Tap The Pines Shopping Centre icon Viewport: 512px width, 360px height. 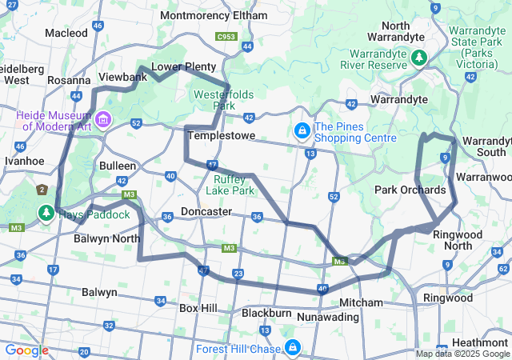(x=302, y=130)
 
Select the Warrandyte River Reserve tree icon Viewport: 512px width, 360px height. (x=418, y=58)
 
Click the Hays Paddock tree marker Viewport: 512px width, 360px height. (x=46, y=214)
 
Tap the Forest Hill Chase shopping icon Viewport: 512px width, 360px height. (x=293, y=348)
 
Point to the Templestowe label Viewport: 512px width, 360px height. (x=221, y=136)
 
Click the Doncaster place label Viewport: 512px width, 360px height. (x=206, y=212)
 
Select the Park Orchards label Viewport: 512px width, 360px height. (x=410, y=190)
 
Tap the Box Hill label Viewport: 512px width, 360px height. (x=198, y=307)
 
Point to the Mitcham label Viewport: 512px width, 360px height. (x=361, y=303)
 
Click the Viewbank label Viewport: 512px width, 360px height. (x=122, y=77)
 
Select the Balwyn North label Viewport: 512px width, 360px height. (x=106, y=238)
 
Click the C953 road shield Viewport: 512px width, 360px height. (x=226, y=36)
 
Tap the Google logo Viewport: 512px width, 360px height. (x=26, y=350)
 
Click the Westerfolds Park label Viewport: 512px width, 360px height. (x=224, y=100)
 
